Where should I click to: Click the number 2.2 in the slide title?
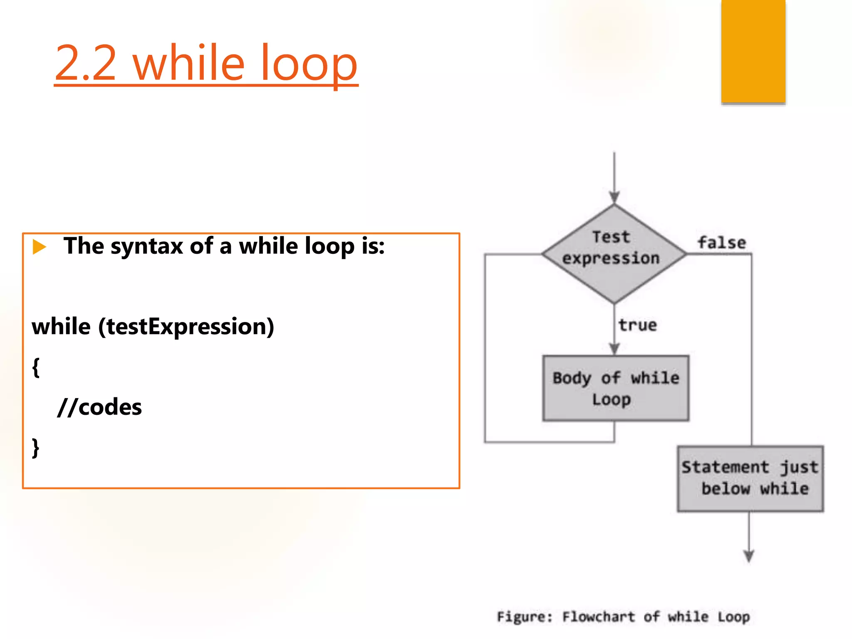coord(85,63)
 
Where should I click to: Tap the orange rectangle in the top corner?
coord(753,51)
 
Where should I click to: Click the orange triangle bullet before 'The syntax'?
coord(39,246)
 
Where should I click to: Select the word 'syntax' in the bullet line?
coord(147,246)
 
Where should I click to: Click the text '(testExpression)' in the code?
coord(186,327)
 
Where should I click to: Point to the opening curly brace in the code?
coord(36,367)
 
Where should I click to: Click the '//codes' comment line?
coord(100,407)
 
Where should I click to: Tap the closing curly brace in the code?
coord(36,448)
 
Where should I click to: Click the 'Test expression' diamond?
coord(614,253)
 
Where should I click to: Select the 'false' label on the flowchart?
coord(722,243)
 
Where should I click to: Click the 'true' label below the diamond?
coord(637,325)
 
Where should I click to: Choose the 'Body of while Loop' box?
coord(615,388)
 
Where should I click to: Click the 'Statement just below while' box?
coord(750,478)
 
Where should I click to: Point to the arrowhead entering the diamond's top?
coord(614,197)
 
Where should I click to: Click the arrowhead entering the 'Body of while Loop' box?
coord(614,349)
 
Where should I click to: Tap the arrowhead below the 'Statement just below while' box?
coord(749,556)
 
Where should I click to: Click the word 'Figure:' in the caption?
coord(525,617)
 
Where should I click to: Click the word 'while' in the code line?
coord(61,327)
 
